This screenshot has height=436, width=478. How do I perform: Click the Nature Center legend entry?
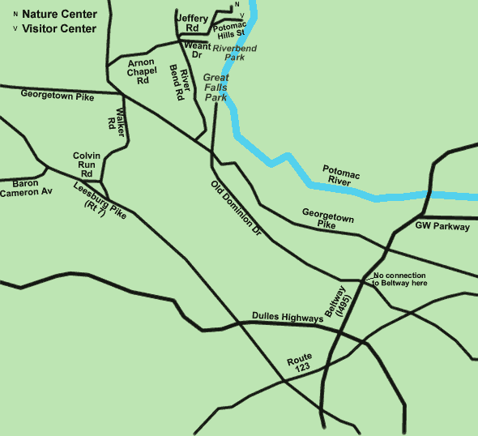click(x=59, y=14)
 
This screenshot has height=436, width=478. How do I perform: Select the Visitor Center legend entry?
click(x=59, y=28)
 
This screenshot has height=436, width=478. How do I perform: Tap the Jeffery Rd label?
click(x=192, y=24)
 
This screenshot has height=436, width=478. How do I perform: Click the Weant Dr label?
click(x=197, y=50)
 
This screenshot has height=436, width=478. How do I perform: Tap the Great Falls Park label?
click(x=216, y=87)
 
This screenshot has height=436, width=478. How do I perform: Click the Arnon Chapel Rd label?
click(x=143, y=71)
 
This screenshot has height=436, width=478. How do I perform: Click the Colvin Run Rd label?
click(x=86, y=164)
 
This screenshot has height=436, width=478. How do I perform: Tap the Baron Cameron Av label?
click(x=30, y=188)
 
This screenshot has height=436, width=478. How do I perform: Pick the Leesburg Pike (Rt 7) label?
click(x=100, y=198)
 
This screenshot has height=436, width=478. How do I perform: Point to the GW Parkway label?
click(x=442, y=227)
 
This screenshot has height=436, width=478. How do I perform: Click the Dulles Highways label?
click(x=287, y=318)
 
